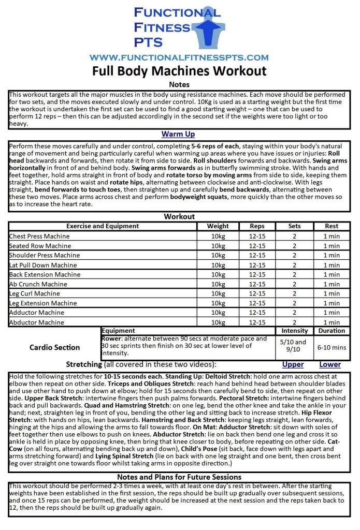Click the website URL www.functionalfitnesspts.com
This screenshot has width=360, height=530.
pyautogui.click(x=179, y=57)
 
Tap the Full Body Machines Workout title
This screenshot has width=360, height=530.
pyautogui.click(x=179, y=71)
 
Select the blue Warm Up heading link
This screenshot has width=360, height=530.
pyautogui.click(x=178, y=134)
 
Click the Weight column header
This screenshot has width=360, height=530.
pyautogui.click(x=218, y=226)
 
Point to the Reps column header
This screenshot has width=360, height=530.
pyautogui.click(x=257, y=226)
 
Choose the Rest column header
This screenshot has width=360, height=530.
pyautogui.click(x=332, y=226)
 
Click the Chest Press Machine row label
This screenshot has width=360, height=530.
pyautogui.click(x=39, y=236)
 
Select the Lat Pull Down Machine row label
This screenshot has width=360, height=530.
pyautogui.click(x=43, y=265)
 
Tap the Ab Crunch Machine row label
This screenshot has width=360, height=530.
pyautogui.click(x=38, y=284)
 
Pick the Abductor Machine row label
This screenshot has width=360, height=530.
pyautogui.click(x=37, y=322)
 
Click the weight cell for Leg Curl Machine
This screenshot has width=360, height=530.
pyautogui.click(x=218, y=293)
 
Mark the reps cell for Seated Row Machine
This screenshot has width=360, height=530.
pyautogui.click(x=257, y=246)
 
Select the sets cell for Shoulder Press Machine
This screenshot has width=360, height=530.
pyautogui.click(x=294, y=255)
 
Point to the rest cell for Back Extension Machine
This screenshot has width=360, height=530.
pyautogui.click(x=332, y=274)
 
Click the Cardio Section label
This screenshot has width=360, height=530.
pyautogui.click(x=55, y=347)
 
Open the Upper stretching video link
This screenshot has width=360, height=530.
pyautogui.click(x=293, y=364)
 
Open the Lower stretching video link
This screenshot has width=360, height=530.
pyautogui.click(x=330, y=364)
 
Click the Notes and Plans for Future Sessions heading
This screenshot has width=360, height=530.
pyautogui.click(x=179, y=477)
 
